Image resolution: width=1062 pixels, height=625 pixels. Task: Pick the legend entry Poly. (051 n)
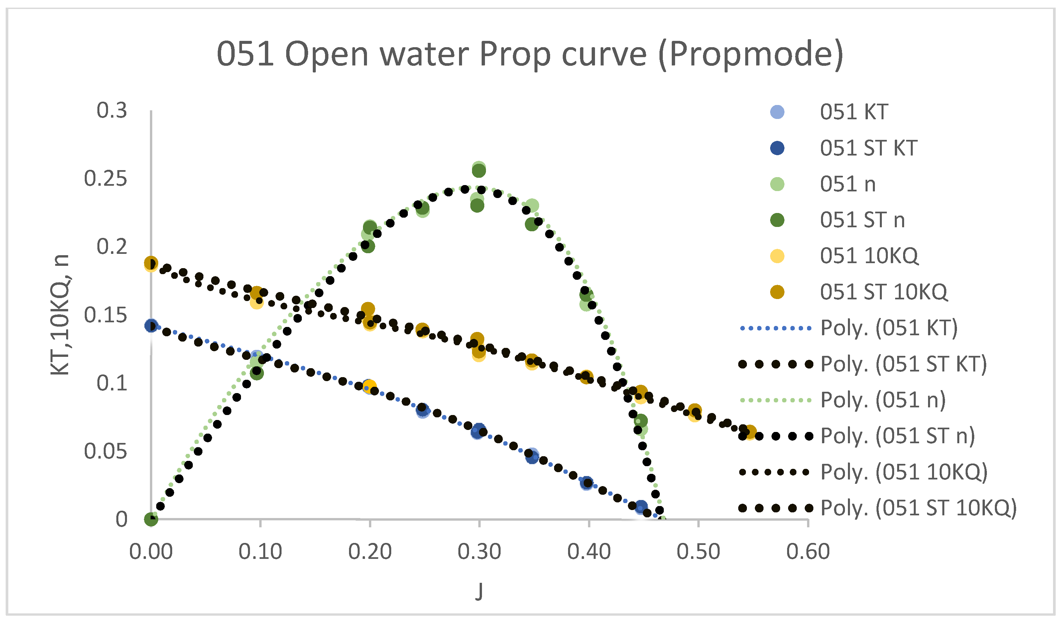pos(883,400)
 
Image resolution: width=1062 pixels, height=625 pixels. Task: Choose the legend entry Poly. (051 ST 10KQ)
pos(919,508)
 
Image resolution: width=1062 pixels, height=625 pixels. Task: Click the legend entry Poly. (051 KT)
pos(889,328)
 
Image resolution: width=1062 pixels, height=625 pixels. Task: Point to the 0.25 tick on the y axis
pos(105,179)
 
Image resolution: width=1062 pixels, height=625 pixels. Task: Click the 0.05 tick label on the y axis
pos(105,452)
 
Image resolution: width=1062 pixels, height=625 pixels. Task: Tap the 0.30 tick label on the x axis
pos(479,552)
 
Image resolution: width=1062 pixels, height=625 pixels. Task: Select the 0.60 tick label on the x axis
pos(808,552)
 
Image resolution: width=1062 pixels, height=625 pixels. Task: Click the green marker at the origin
pos(151,519)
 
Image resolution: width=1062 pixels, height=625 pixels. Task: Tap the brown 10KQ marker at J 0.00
pos(151,263)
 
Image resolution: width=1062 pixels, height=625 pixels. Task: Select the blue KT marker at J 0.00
pos(151,326)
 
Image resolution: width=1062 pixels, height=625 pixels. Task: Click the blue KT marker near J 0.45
pos(641,507)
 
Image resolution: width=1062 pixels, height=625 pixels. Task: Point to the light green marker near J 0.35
pos(532,206)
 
